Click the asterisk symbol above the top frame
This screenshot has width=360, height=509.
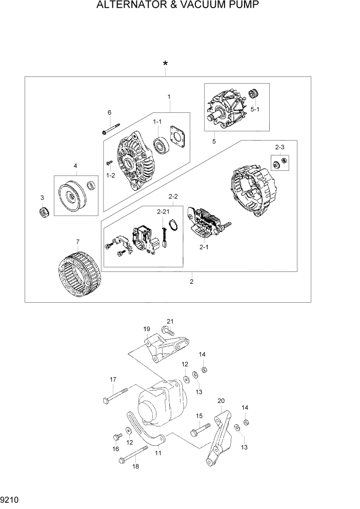pos(165,64)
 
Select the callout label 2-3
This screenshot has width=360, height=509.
pos(279,147)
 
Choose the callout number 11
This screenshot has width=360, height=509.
pos(158,454)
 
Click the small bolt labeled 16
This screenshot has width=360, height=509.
pos(116,437)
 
